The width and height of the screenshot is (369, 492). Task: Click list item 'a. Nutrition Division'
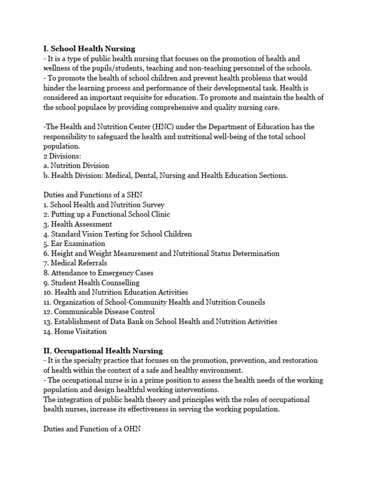pos(76,166)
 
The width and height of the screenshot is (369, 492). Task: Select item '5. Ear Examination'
pos(74,244)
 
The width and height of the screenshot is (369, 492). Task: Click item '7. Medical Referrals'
pos(75,263)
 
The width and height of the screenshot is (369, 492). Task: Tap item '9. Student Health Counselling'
pos(91,283)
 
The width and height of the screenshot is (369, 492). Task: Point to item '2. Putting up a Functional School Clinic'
pos(106,214)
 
